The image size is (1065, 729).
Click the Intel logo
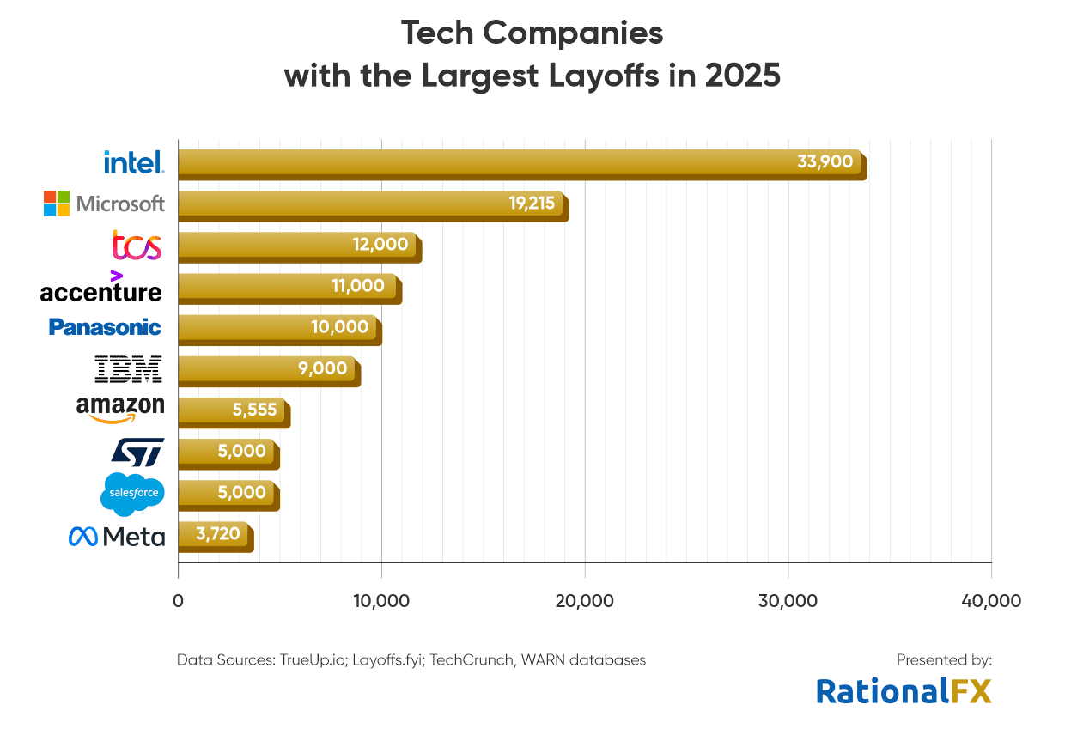click(133, 161)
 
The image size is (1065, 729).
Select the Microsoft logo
click(104, 204)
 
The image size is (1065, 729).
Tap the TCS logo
click(137, 246)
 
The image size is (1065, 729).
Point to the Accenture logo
click(100, 289)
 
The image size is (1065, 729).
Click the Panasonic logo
click(105, 327)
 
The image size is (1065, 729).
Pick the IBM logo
click(128, 369)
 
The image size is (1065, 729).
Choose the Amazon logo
click(119, 409)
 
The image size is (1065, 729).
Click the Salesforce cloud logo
click(131, 493)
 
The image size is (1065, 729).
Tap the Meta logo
click(116, 537)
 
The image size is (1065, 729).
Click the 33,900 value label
click(825, 161)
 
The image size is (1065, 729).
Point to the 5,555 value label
click(254, 410)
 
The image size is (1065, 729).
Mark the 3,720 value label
click(218, 534)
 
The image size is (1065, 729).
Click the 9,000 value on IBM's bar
click(324, 368)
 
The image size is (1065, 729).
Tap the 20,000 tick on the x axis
click(585, 601)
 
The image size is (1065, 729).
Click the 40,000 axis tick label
click(991, 601)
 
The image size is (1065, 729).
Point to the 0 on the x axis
click(178, 601)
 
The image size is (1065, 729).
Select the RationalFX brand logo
click(904, 690)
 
